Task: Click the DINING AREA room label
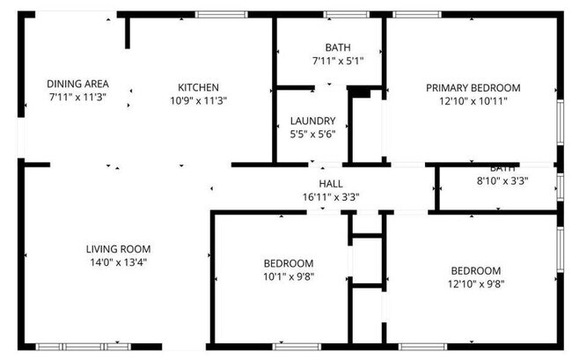tap(77, 84)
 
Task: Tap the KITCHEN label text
tap(198, 87)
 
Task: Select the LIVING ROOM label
tap(118, 248)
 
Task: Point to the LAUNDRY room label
tap(312, 121)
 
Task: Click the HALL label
tap(331, 183)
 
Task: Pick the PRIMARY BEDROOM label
tap(473, 88)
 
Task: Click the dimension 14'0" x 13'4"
tap(118, 261)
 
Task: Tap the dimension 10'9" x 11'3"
tap(198, 100)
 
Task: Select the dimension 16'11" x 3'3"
tap(331, 196)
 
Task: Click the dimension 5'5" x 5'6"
tap(312, 134)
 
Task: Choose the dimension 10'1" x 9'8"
tap(289, 276)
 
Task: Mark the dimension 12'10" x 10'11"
tap(473, 101)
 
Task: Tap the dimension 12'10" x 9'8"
tap(476, 283)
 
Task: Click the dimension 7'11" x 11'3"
tap(77, 97)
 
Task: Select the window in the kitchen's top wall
tap(220, 14)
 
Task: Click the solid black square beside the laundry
tap(358, 91)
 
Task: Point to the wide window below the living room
tap(82, 346)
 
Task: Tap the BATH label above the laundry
tap(337, 48)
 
